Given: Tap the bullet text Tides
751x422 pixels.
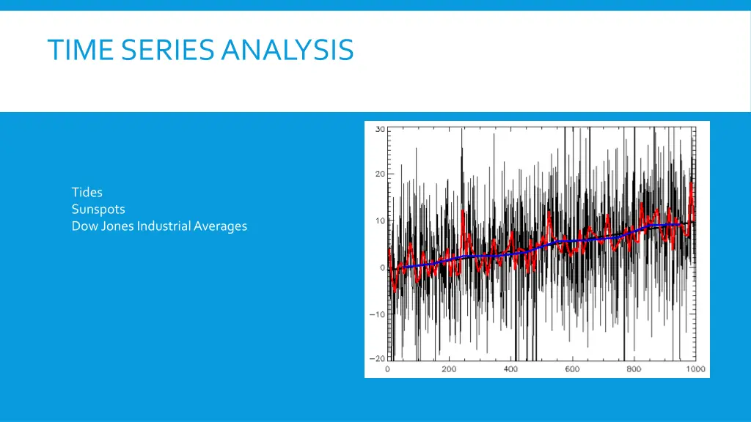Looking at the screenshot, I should pos(87,193).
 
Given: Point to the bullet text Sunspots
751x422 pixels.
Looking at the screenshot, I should pos(98,210).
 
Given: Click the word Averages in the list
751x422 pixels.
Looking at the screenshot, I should pos(221,226).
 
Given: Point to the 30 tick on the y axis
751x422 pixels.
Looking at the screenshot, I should pos(379,130).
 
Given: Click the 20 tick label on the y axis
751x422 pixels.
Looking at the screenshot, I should pos(379,174).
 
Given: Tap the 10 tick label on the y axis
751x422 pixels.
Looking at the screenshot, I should pos(379,221).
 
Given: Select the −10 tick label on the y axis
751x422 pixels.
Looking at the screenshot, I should pos(377,314).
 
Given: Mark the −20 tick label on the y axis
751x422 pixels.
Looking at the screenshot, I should pos(377,359).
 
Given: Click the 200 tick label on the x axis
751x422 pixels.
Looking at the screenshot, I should pos(449,369).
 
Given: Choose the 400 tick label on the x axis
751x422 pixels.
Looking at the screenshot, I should pos(510,369).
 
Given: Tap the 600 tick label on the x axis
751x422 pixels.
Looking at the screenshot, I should pos(572,369).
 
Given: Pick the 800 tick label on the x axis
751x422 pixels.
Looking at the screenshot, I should pos(634,369).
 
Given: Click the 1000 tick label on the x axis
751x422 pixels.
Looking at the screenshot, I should pos(695,369).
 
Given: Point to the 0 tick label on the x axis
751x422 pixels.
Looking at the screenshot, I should pos(388,369).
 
